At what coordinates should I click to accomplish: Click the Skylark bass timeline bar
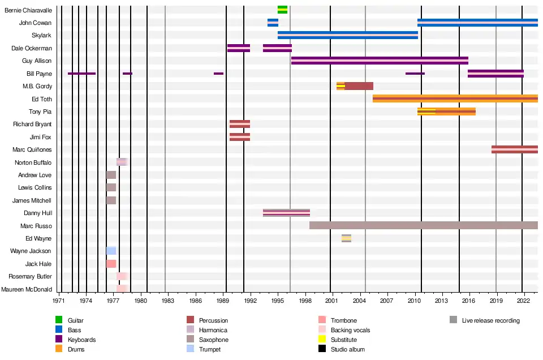pyautogui.click(x=347, y=35)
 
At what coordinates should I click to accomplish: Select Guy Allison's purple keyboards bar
pyautogui.click(x=380, y=61)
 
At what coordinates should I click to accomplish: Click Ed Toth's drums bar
pyautogui.click(x=455, y=98)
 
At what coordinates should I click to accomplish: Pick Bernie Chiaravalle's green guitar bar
pyautogui.click(x=282, y=10)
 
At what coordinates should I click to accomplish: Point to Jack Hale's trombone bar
pyautogui.click(x=111, y=264)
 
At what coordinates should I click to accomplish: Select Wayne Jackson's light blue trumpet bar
pyautogui.click(x=111, y=251)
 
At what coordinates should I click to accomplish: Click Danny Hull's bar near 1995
pyautogui.click(x=286, y=213)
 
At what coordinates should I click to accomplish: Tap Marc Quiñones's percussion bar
pyautogui.click(x=514, y=149)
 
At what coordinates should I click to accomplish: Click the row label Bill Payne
pyautogui.click(x=39, y=74)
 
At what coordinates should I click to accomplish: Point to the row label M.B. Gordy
pyautogui.click(x=37, y=86)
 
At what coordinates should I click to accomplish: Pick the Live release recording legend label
pyautogui.click(x=490, y=320)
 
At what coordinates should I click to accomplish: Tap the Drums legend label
pyautogui.click(x=76, y=349)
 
